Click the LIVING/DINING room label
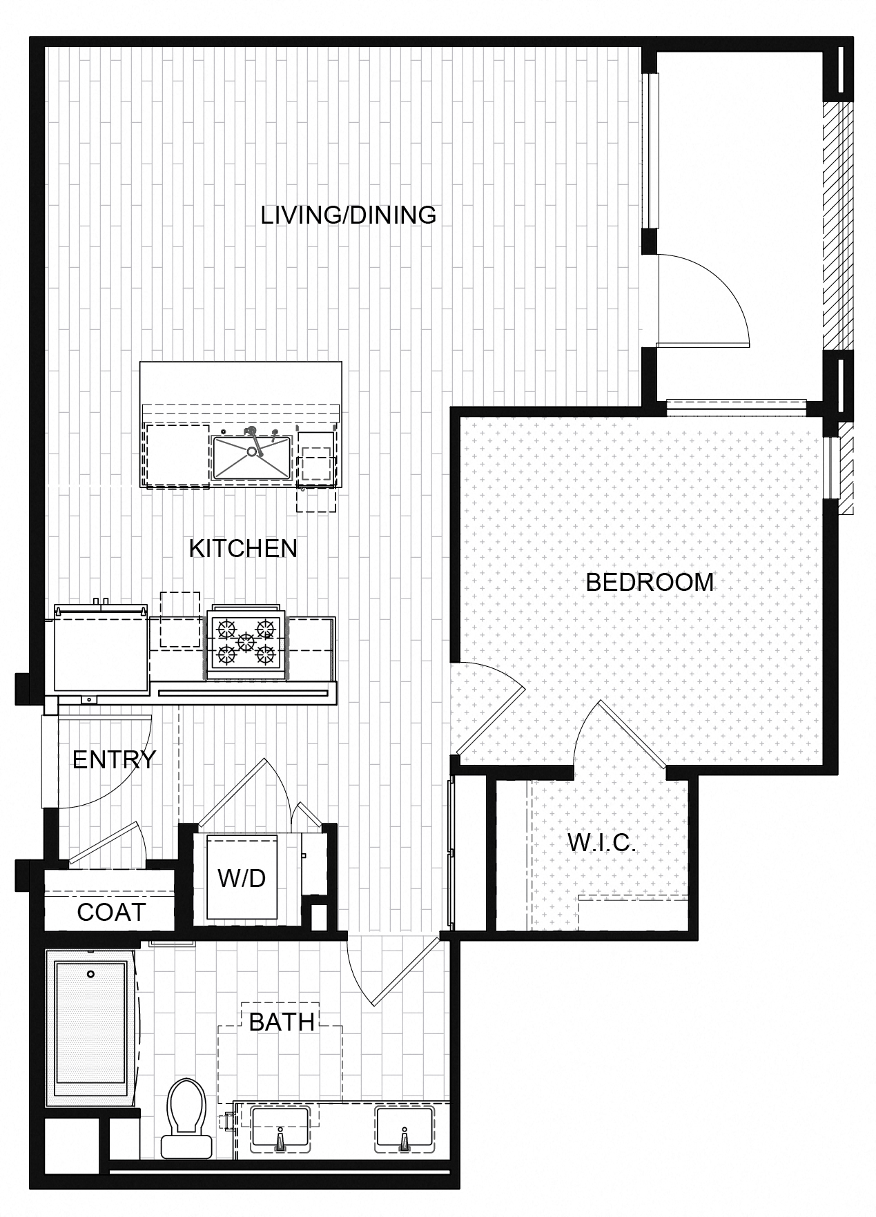349,215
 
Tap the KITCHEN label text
243,549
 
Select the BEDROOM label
650,582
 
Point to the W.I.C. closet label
601,843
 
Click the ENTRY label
114,759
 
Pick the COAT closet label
111,912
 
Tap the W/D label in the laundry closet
242,878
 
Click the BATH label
282,1022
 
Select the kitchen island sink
251,457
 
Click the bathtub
92,1026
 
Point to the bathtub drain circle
90,974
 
